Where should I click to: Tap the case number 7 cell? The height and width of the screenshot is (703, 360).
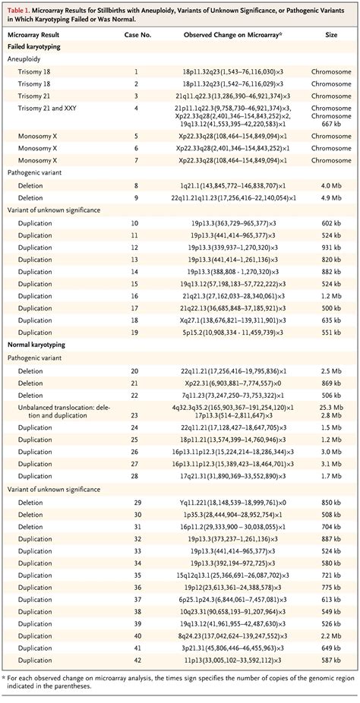[136, 161]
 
